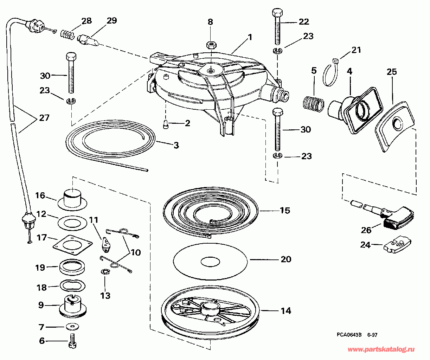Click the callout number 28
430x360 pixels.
click(x=86, y=21)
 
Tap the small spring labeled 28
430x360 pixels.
click(x=68, y=34)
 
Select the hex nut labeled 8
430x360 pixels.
click(x=211, y=45)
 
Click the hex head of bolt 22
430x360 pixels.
click(x=277, y=13)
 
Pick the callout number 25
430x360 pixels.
click(x=391, y=72)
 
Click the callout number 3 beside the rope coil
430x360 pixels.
click(x=176, y=146)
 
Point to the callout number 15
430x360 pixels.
click(x=285, y=211)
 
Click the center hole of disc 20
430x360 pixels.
click(x=210, y=262)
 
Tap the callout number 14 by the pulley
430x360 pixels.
click(x=286, y=310)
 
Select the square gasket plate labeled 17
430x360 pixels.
click(x=72, y=245)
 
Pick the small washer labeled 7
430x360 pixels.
click(x=73, y=327)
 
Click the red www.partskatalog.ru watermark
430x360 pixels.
click(x=381, y=349)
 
